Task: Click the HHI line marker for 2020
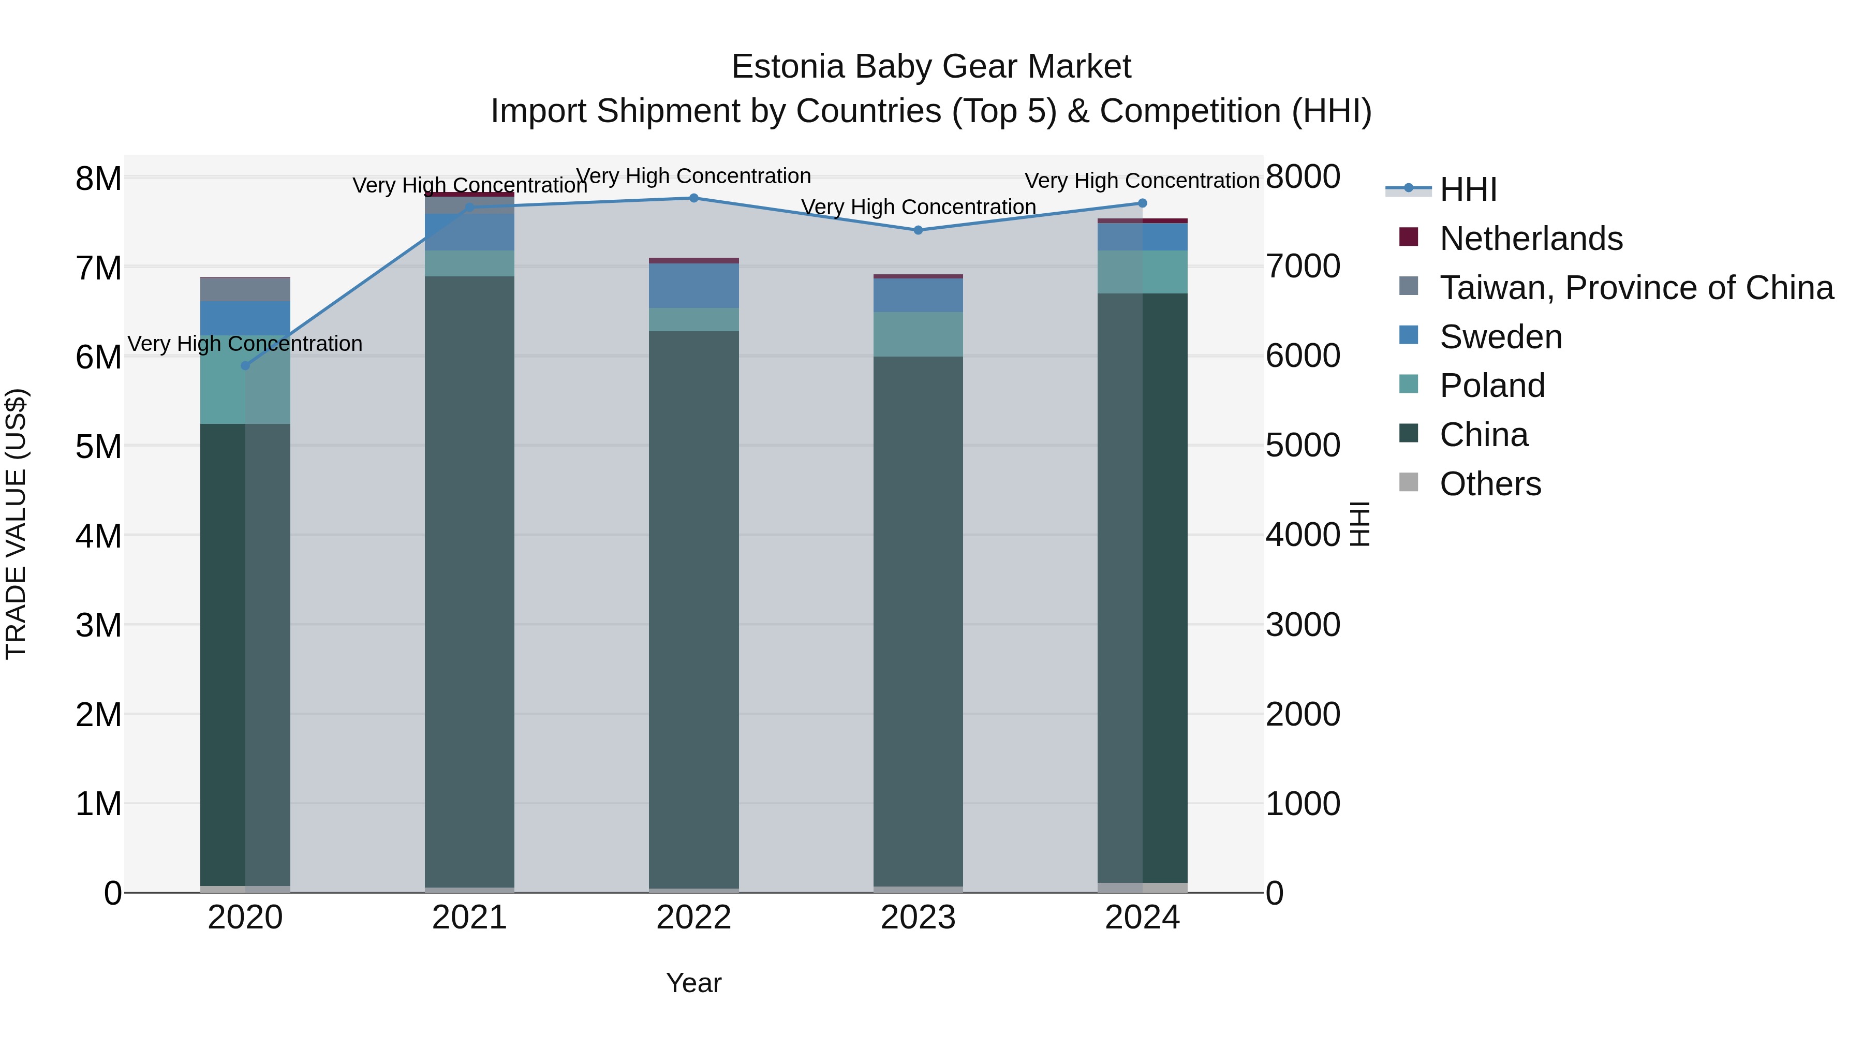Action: pyautogui.click(x=245, y=366)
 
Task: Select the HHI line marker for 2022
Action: pyautogui.click(x=693, y=198)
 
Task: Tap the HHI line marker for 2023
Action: pyautogui.click(x=919, y=230)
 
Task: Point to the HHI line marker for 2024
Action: pyautogui.click(x=1143, y=203)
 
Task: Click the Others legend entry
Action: pyautogui.click(x=1490, y=484)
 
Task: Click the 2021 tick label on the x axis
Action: pyautogui.click(x=469, y=918)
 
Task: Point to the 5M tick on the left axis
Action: pyautogui.click(x=98, y=446)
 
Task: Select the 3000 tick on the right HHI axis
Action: pyautogui.click(x=1303, y=625)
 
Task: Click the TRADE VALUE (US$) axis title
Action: pyautogui.click(x=17, y=524)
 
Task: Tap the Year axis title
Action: pyautogui.click(x=693, y=983)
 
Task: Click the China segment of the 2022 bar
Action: pyautogui.click(x=693, y=608)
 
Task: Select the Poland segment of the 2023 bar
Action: pyautogui.click(x=919, y=334)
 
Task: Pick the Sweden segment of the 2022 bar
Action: pyautogui.click(x=693, y=286)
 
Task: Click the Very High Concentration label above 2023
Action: pyautogui.click(x=919, y=207)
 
